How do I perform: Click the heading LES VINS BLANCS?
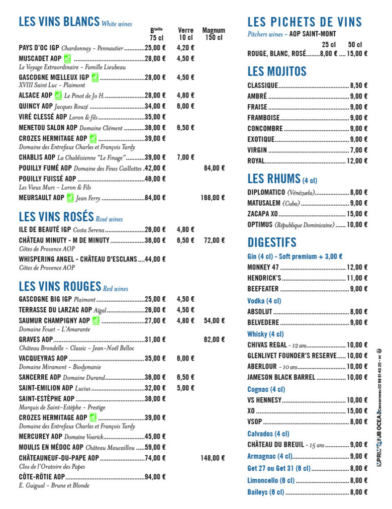point(59,22)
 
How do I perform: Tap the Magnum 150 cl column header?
point(214,34)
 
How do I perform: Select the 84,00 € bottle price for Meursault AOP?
point(155,198)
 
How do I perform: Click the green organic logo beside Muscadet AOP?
point(68,58)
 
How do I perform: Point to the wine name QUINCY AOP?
point(36,106)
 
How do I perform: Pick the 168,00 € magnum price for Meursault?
point(213,198)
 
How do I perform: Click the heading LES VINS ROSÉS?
point(56,217)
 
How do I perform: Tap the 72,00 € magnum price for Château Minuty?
point(214,240)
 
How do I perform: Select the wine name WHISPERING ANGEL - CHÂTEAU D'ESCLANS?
point(78,259)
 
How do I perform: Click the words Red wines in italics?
point(116,289)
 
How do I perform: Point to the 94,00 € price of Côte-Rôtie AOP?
point(155,477)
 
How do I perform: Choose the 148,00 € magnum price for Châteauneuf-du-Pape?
point(213,458)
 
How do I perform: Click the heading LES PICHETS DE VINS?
point(305,22)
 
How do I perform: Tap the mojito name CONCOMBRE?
point(265,129)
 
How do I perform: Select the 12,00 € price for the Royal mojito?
point(357,161)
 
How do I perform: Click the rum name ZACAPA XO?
point(262,214)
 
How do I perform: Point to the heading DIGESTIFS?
point(272,242)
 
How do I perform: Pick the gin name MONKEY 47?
point(263,268)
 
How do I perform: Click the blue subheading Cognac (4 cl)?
point(266,389)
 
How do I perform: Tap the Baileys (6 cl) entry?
point(265,492)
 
